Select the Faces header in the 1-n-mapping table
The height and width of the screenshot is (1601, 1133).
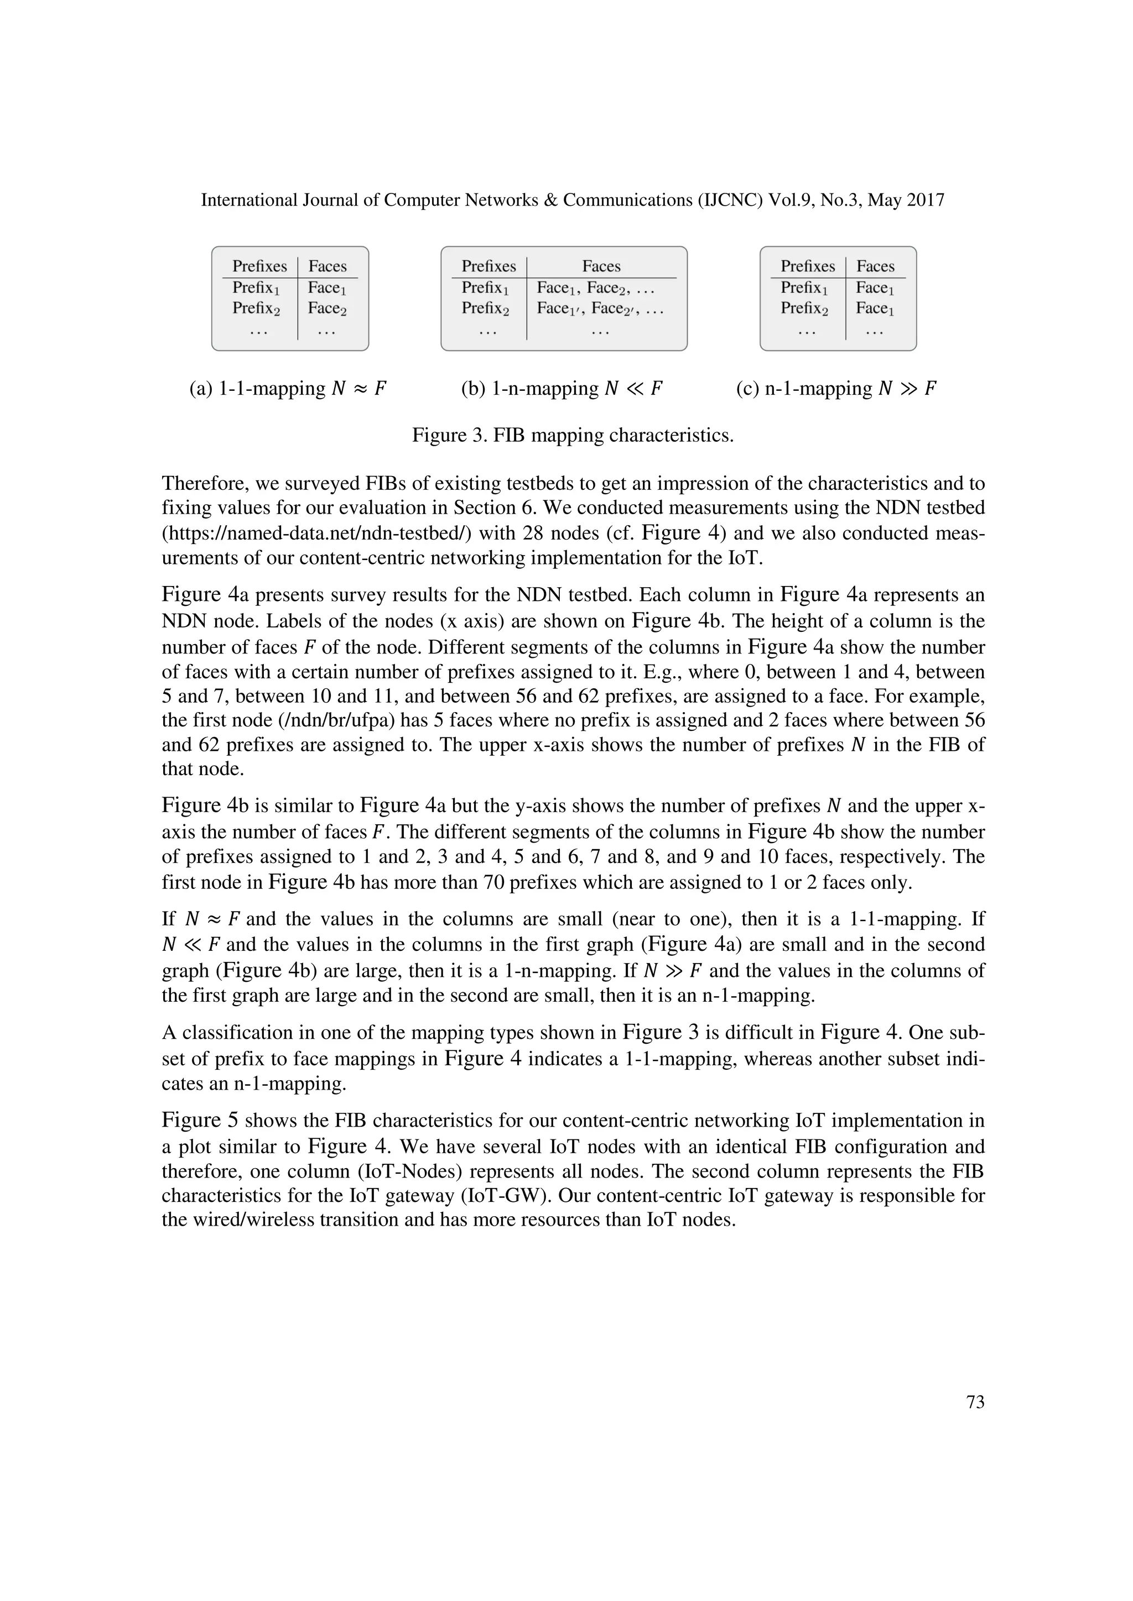pyautogui.click(x=601, y=266)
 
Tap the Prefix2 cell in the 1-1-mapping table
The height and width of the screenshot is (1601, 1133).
pyautogui.click(x=256, y=308)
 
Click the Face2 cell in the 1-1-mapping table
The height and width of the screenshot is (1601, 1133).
pyautogui.click(x=327, y=308)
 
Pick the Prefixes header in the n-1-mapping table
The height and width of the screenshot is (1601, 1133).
pyautogui.click(x=807, y=266)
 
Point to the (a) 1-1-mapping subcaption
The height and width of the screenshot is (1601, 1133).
pyautogui.click(x=288, y=389)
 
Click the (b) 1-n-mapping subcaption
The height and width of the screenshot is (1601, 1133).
pyautogui.click(x=562, y=389)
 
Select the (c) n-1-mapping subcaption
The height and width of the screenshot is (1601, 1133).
pyautogui.click(x=836, y=389)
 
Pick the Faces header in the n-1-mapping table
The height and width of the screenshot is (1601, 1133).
pyautogui.click(x=875, y=266)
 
